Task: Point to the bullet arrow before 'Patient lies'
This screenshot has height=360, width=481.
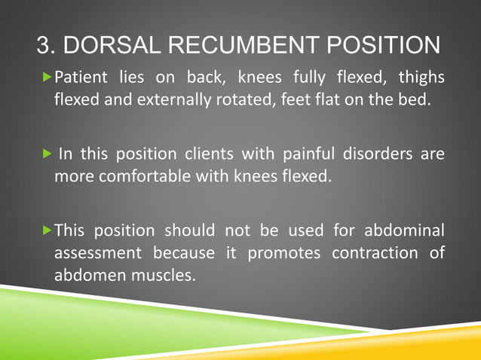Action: [49, 78]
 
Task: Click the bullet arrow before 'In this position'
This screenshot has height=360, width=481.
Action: [49, 154]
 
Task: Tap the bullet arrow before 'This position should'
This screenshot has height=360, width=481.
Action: [49, 230]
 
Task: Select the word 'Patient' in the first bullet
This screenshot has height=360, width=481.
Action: [83, 78]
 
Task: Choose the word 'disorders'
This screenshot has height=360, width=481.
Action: [386, 154]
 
